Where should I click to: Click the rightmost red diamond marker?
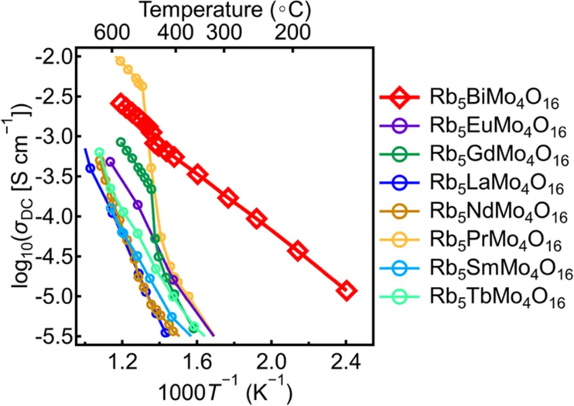point(346,291)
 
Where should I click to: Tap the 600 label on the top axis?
point(112,32)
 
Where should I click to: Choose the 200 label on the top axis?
point(292,32)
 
